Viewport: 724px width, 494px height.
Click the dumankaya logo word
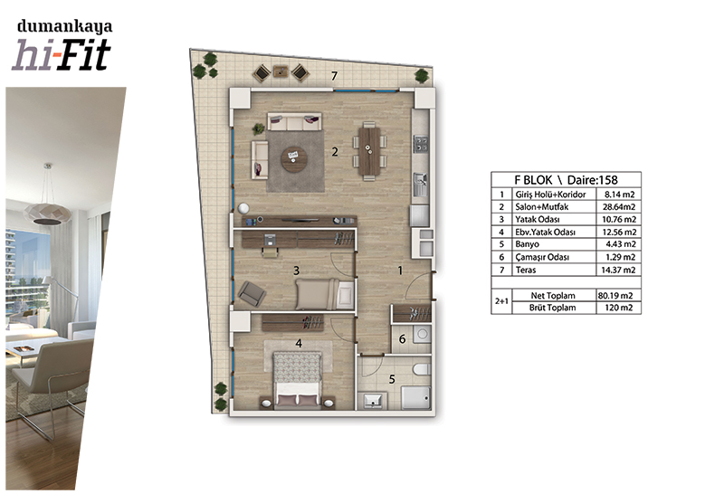coord(64,26)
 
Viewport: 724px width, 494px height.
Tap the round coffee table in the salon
coord(295,159)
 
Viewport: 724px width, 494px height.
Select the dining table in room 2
coord(369,151)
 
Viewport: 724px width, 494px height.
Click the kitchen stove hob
coord(421,144)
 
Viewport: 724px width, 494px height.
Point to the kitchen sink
coord(420,185)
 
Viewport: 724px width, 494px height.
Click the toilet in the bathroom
coord(422,369)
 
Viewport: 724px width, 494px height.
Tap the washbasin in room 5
coord(373,400)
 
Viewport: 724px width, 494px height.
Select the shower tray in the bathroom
coord(416,397)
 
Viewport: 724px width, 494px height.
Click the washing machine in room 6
coord(421,334)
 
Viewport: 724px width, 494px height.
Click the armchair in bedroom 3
coord(252,294)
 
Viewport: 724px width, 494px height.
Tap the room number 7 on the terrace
coord(334,76)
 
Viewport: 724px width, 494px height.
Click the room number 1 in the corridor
coord(400,271)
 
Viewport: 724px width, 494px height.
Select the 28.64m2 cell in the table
coord(619,207)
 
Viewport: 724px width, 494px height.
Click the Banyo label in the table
coord(528,244)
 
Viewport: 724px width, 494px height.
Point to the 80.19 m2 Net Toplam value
coord(615,296)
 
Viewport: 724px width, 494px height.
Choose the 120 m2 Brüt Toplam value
coord(619,308)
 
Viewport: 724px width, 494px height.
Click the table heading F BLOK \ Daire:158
coord(567,179)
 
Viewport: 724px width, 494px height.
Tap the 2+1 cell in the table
coord(501,301)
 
